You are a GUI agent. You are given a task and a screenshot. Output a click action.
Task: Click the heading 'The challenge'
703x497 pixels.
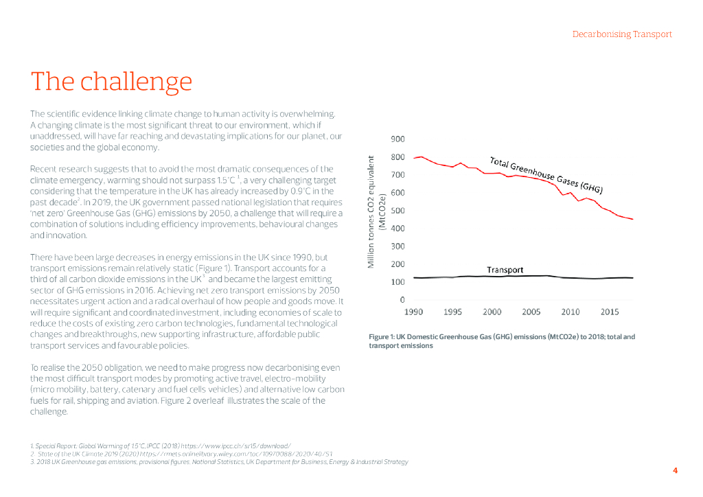(111, 82)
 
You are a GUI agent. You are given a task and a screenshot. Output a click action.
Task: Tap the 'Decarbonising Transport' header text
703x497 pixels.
(622, 34)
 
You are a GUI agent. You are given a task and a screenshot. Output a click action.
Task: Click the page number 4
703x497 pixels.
(675, 470)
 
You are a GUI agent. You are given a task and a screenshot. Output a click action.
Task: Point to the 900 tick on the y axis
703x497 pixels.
(397, 139)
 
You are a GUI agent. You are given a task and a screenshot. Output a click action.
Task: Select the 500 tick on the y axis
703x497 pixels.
(397, 211)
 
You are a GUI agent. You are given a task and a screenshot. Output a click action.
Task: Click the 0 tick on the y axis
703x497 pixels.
(402, 300)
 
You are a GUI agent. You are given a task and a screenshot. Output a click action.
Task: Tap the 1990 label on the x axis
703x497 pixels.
(413, 312)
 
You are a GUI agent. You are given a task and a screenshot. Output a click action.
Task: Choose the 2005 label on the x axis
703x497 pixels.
(531, 312)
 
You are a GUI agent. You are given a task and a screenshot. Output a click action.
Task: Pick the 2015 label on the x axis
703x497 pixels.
(610, 312)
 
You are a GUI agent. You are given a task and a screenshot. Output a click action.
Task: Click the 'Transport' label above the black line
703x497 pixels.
(505, 270)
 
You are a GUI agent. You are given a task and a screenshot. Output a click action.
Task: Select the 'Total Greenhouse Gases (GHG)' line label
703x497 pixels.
(546, 174)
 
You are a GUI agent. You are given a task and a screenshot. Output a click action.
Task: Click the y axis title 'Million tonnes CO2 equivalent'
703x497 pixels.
(371, 211)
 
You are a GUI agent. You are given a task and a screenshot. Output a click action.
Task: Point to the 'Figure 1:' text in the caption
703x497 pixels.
(382, 337)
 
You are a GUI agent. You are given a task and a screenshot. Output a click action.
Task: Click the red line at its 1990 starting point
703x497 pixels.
(414, 159)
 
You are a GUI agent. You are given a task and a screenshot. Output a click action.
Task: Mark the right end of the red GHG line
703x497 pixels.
(632, 219)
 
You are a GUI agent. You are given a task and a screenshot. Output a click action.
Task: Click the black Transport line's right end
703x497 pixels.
(632, 278)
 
